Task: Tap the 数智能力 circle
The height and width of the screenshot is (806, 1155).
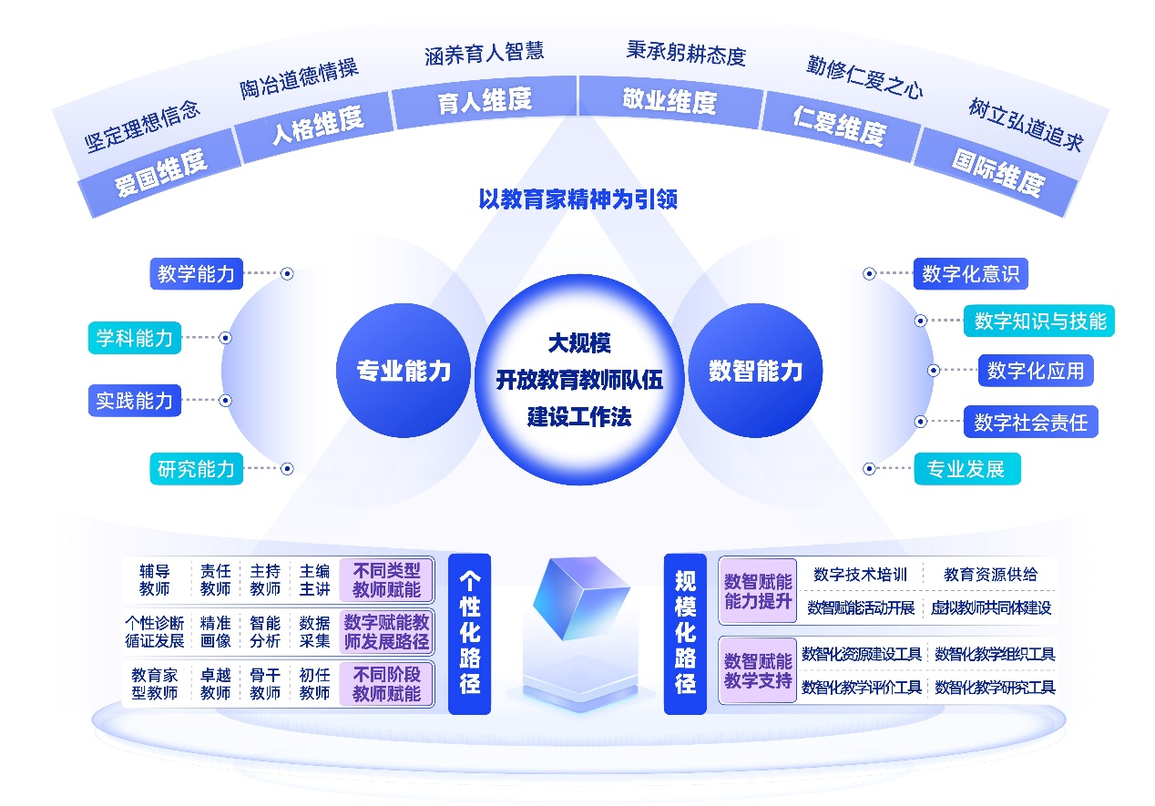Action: [755, 371]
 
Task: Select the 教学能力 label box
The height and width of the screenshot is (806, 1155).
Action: [196, 273]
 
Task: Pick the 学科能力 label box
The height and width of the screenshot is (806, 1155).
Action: [135, 338]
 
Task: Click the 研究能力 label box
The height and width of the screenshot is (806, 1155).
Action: [196, 469]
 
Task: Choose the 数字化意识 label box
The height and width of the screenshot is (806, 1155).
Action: [970, 273]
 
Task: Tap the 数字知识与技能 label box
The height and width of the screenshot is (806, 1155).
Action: [1039, 321]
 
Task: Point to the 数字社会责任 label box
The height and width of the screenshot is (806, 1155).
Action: [1030, 422]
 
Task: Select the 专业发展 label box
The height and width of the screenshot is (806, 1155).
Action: [966, 469]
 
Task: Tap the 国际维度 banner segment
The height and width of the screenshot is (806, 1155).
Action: [997, 173]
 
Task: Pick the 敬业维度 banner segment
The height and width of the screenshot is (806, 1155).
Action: [669, 100]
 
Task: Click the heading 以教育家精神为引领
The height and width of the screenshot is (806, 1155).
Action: [577, 199]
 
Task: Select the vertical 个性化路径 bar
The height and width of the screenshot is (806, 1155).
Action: [470, 633]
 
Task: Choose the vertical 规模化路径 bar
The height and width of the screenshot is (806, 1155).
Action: [685, 633]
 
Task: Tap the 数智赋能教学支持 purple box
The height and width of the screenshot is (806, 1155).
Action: [758, 670]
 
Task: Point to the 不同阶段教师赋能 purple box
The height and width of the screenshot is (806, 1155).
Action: [386, 684]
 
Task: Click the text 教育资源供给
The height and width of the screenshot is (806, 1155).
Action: [990, 574]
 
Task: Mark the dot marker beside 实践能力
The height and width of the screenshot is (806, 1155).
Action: [226, 400]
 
